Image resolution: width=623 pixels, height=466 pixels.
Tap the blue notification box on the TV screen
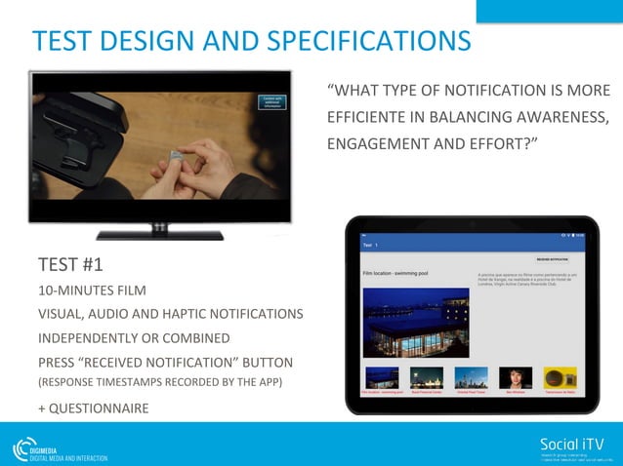coord(271,102)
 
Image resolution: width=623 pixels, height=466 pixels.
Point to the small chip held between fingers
coord(173,153)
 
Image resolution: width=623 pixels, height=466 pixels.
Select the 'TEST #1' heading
coord(70,265)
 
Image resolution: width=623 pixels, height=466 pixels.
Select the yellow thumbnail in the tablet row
coord(560,377)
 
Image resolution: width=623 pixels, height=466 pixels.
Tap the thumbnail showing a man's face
coord(515,377)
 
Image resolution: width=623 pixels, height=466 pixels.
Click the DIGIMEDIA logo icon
coord(23,449)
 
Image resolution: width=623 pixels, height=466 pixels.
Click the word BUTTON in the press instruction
coord(268,362)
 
